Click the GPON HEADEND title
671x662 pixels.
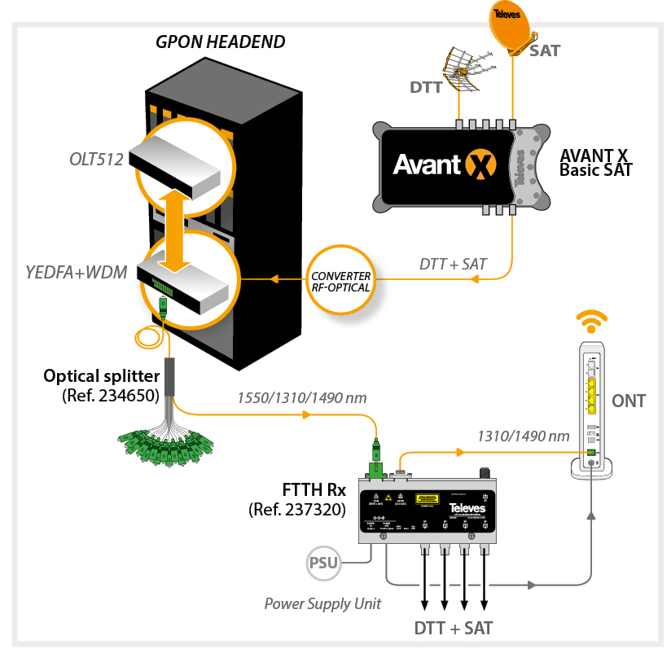click(221, 42)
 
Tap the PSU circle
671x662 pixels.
click(323, 563)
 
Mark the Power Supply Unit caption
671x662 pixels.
click(322, 603)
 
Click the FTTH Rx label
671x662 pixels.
click(314, 493)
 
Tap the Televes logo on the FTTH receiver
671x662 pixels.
click(467, 508)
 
